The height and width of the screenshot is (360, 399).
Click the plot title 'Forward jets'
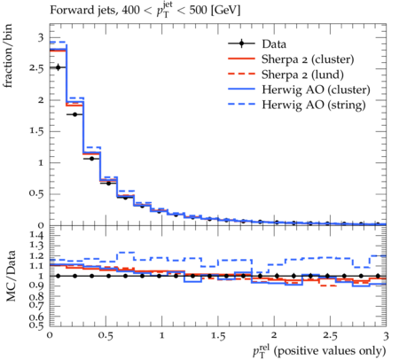click(83, 10)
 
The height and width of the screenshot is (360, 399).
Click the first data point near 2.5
click(58, 67)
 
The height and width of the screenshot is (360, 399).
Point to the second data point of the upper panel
click(74, 114)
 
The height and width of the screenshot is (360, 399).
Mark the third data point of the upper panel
click(91, 159)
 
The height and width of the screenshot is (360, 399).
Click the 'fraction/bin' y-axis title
click(7, 56)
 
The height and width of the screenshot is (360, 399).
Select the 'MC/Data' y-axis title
click(11, 276)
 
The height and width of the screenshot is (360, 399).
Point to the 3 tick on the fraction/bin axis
click(40, 37)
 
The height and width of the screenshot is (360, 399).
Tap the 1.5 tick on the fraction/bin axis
click(36, 131)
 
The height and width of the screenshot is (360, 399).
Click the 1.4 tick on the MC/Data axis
click(36, 235)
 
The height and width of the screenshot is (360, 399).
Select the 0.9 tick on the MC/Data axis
click(36, 286)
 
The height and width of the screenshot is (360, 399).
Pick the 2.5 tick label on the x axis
click(330, 336)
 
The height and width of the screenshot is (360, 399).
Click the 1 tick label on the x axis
click(161, 336)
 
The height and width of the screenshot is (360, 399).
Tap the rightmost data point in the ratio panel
click(378, 276)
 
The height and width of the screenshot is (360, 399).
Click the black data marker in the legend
click(241, 43)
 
